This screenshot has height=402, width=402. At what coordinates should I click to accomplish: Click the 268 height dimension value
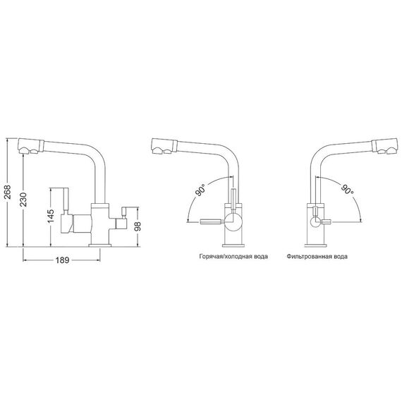(8, 191)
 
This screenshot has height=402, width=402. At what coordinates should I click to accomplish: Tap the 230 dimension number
(23, 200)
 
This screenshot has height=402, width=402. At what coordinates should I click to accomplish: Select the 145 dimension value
(51, 216)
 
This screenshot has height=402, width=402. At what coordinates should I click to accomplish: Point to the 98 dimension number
(138, 226)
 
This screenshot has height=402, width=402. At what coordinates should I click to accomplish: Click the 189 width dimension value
(63, 260)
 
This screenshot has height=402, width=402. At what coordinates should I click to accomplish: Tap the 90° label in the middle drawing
(201, 190)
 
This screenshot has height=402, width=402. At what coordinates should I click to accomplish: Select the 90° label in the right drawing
(347, 189)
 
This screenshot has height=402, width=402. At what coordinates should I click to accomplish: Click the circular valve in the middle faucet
(233, 222)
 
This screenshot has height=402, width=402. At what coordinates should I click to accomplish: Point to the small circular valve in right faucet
(315, 221)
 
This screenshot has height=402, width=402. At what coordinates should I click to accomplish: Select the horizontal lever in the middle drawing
(210, 221)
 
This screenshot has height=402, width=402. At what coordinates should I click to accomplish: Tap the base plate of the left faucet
(99, 245)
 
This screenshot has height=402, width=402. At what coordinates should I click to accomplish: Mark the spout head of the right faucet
(386, 147)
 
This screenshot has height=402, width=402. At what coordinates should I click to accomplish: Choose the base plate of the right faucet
(315, 245)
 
